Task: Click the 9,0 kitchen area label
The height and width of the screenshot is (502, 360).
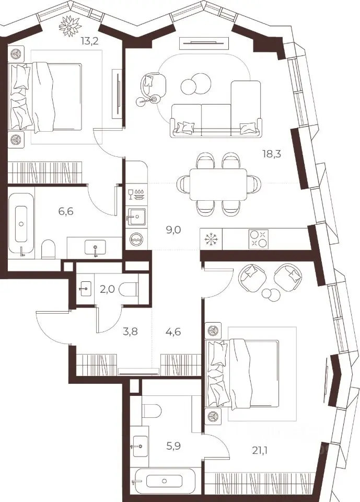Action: coord(173,230)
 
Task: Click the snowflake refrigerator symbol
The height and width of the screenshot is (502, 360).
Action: coord(211,238)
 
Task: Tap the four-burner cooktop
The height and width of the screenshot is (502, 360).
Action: coord(258,238)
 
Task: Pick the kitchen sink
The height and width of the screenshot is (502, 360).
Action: coord(137,216)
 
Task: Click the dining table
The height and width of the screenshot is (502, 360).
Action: coord(218,184)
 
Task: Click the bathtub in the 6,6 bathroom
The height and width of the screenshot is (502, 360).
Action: coord(21,223)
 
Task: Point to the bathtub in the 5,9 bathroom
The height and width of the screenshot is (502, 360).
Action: coord(164,481)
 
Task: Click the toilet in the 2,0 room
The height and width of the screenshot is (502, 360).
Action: coord(129,290)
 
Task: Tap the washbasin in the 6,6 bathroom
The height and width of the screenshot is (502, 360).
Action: coord(95,248)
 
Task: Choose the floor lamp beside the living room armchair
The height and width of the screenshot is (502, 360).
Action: coord(148,100)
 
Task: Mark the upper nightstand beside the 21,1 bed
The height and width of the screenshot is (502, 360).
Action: coord(213,330)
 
